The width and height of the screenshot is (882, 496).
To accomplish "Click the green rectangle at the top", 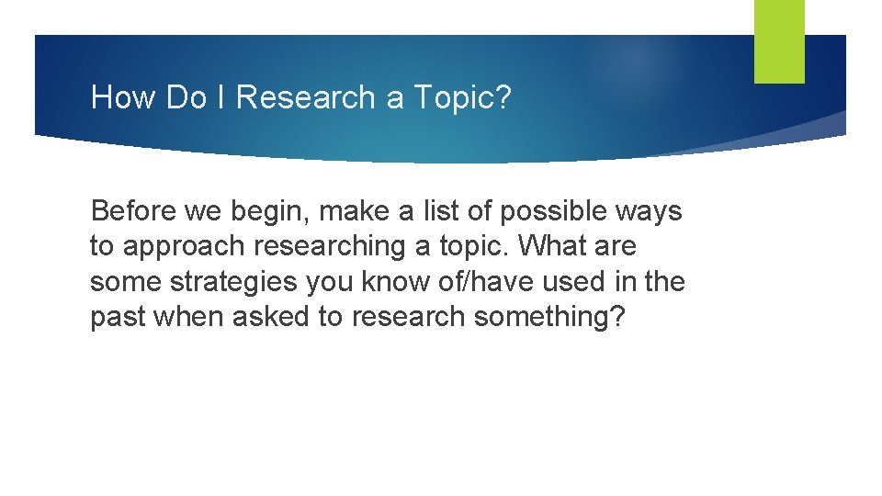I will [x=779, y=40].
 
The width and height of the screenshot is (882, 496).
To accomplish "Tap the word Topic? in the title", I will [x=462, y=97].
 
